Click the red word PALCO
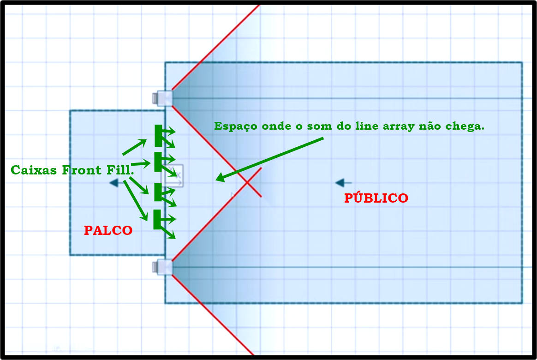pyautogui.click(x=108, y=230)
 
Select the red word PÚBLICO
pyautogui.click(x=376, y=198)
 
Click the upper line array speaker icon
pyautogui.click(x=162, y=98)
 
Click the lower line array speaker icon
pyautogui.click(x=162, y=267)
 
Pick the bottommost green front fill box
pyautogui.click(x=157, y=219)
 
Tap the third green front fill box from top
pyautogui.click(x=158, y=192)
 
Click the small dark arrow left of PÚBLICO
pyautogui.click(x=343, y=183)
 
